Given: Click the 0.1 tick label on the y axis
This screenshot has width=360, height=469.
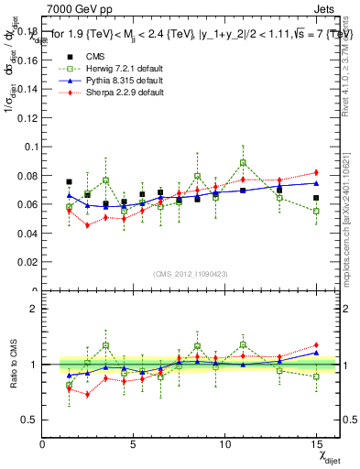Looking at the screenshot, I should [32, 147].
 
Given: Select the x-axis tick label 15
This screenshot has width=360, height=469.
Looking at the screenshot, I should [317, 443].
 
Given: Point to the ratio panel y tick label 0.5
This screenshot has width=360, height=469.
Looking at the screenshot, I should [31, 419].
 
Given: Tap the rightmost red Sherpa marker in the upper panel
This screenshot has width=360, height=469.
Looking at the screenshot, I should [316, 172].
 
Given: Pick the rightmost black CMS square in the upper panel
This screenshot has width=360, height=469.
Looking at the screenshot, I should [316, 198].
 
